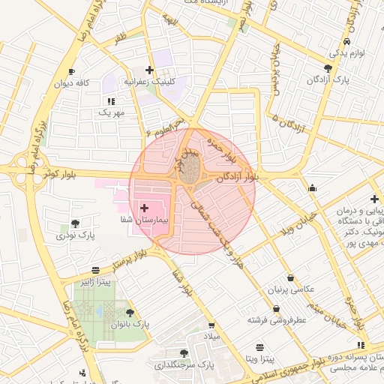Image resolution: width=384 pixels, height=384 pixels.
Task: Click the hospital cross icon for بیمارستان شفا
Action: click(144, 206)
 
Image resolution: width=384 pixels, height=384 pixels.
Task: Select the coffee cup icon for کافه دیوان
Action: click(71, 72)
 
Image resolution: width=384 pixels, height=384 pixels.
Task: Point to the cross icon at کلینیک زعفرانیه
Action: click(150, 70)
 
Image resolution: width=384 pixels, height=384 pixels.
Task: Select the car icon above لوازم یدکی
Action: click(346, 42)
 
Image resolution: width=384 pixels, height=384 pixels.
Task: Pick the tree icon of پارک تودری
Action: click(75, 223)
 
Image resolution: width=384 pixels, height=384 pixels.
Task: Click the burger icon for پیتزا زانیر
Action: click(94, 270)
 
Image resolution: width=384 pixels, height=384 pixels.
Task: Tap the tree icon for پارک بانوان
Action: click(130, 313)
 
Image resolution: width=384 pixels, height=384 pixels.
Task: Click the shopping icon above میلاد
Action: click(211, 325)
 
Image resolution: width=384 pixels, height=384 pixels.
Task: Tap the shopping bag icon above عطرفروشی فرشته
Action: click(276, 308)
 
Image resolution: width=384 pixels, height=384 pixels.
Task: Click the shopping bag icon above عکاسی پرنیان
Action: click(290, 277)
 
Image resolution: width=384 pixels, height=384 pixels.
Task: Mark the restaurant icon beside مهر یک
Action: click(111, 100)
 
